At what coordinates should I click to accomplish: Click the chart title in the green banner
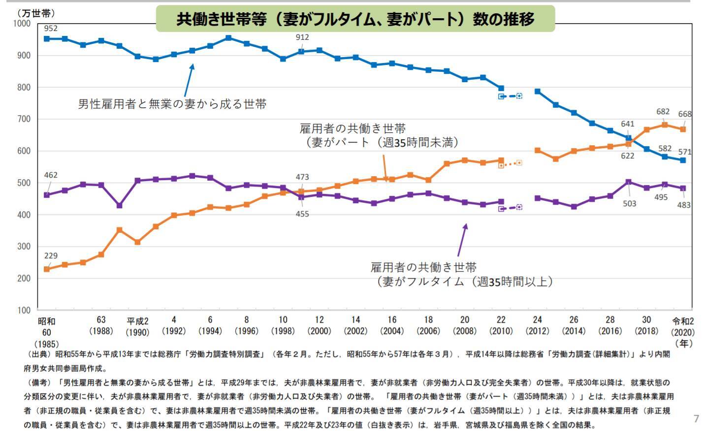point(355,19)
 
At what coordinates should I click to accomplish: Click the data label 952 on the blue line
point(51,28)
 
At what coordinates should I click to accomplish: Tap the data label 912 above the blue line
point(302,37)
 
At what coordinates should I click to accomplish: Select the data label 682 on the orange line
point(663,112)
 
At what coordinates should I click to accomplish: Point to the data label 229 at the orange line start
point(51,256)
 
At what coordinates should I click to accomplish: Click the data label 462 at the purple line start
point(51,175)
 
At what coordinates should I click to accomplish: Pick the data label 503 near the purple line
point(629,204)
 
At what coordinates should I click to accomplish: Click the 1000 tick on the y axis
point(22,24)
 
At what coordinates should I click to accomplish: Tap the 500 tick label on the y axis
point(24,183)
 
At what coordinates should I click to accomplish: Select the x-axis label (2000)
point(319,331)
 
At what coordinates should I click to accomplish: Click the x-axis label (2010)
point(501,331)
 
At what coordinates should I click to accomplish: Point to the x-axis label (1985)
point(46,344)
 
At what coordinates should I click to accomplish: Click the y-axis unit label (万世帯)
point(35,13)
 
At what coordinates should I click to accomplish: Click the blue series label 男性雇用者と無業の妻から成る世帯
point(172,104)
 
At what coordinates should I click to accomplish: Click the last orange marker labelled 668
point(683,129)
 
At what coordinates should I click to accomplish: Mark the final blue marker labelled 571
point(683,160)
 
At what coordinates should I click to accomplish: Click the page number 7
point(696,419)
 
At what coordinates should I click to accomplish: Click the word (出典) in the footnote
point(38,354)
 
